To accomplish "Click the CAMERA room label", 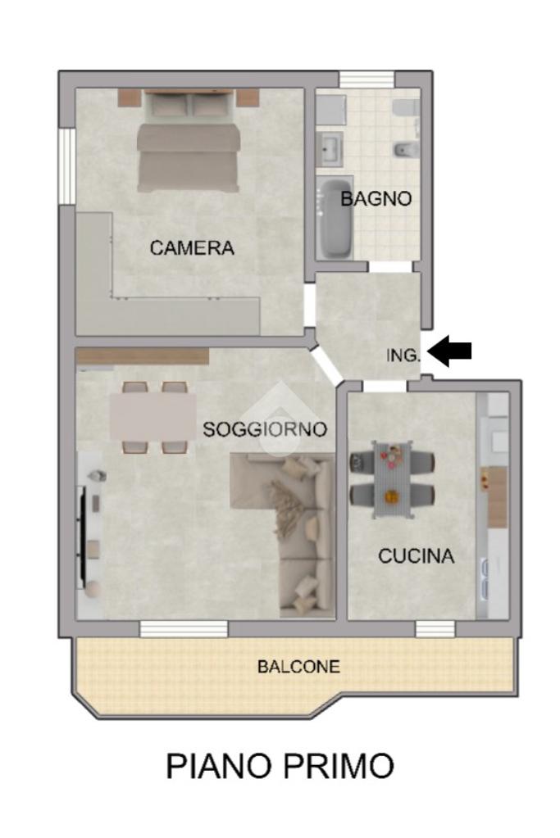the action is pyautogui.click(x=192, y=248).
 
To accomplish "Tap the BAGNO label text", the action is pyautogui.click(x=376, y=199).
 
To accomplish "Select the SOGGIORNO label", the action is pyautogui.click(x=265, y=429).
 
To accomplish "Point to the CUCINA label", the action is pyautogui.click(x=417, y=556).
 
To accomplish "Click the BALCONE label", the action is pyautogui.click(x=298, y=667).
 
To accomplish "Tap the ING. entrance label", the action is pyautogui.click(x=403, y=355).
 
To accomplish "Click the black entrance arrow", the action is pyautogui.click(x=450, y=351).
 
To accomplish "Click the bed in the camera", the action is pyautogui.click(x=189, y=141).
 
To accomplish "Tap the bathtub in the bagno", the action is pyautogui.click(x=335, y=219).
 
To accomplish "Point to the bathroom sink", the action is pyautogui.click(x=330, y=148).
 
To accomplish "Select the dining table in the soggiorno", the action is pyautogui.click(x=153, y=417).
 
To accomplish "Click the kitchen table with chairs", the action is pyautogui.click(x=392, y=479).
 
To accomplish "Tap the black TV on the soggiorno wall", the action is pyautogui.click(x=82, y=533).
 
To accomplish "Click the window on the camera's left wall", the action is pyautogui.click(x=67, y=165).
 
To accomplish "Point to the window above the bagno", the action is pyautogui.click(x=367, y=79).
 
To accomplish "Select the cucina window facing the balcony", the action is pyautogui.click(x=435, y=629).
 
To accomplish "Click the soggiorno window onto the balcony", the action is pyautogui.click(x=184, y=629).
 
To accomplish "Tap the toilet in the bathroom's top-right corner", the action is pyautogui.click(x=404, y=107).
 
